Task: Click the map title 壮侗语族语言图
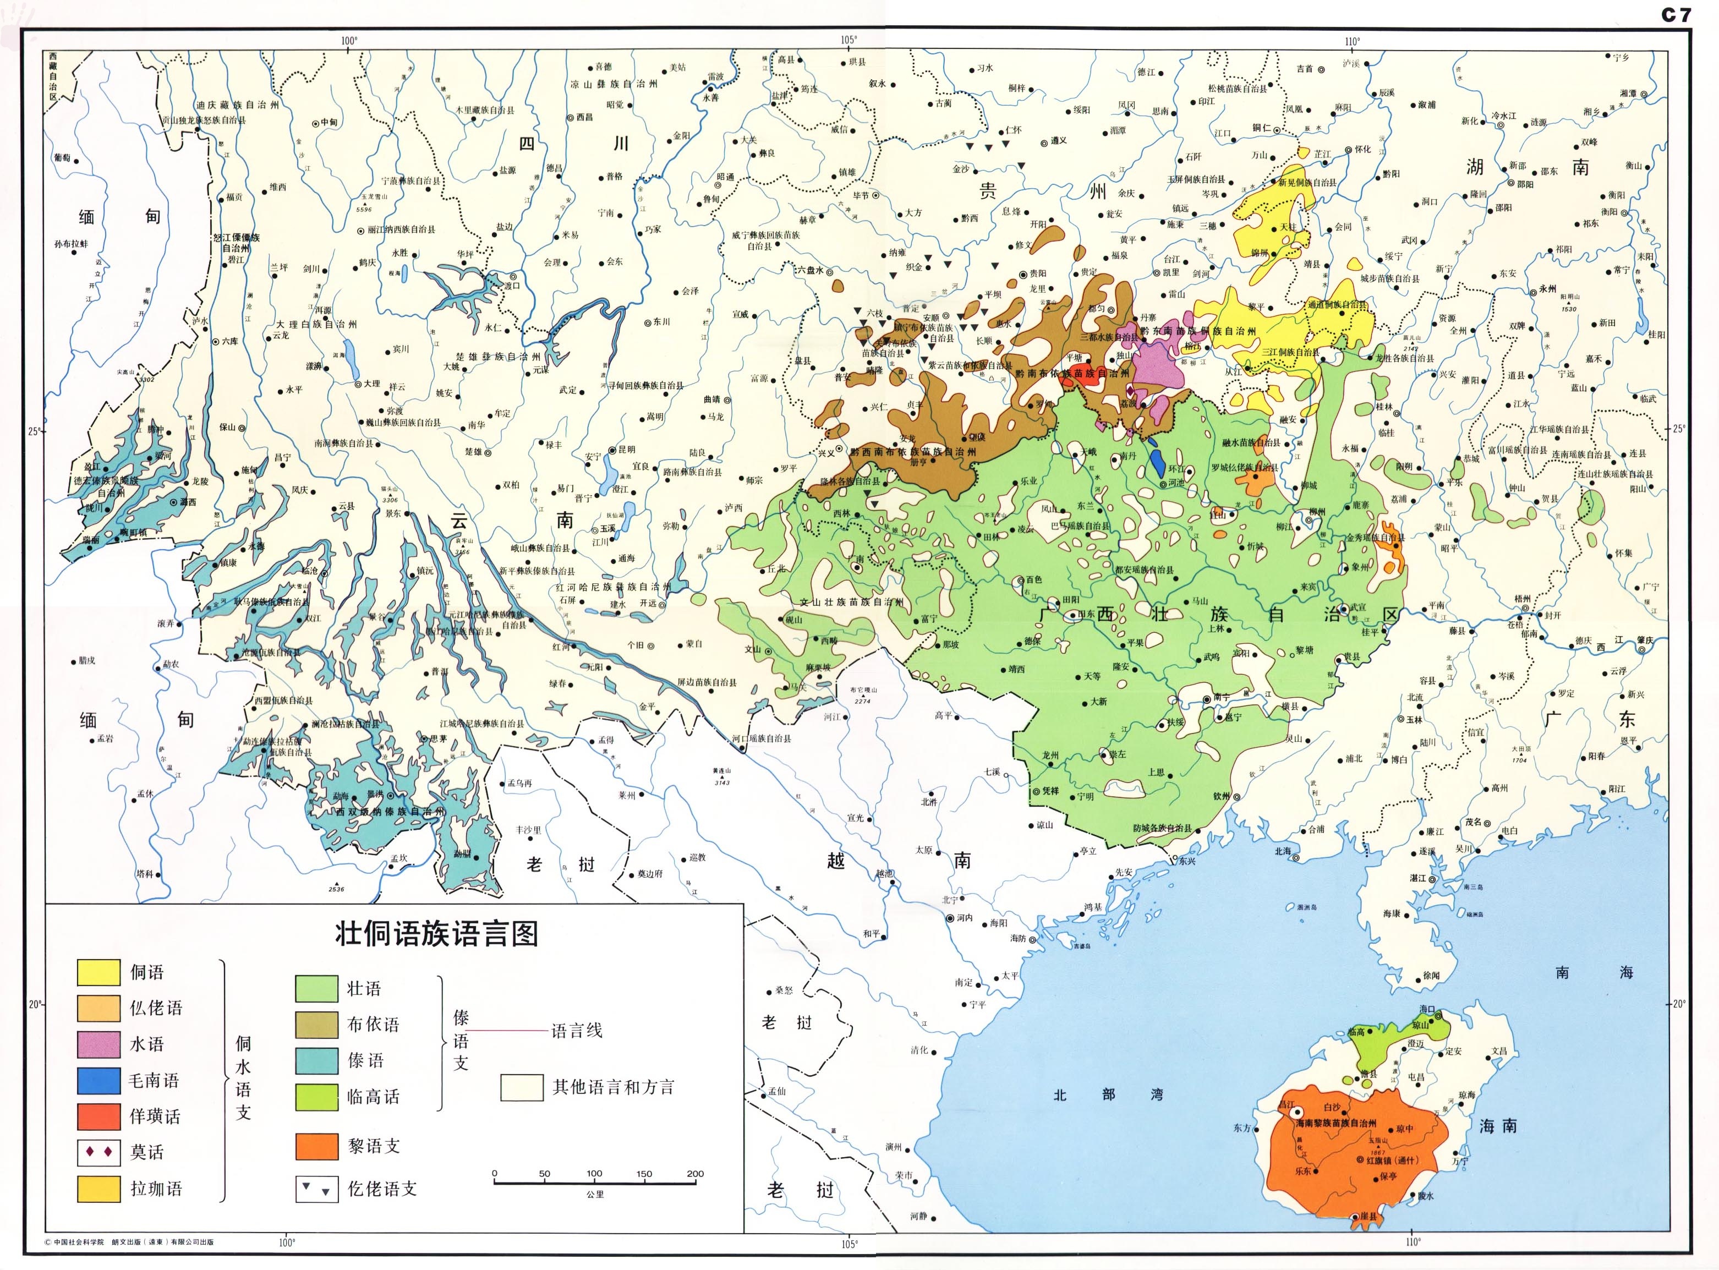437,934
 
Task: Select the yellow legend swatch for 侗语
98,972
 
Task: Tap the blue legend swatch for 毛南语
98,1081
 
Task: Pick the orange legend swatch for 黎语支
317,1146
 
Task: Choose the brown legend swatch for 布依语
317,1025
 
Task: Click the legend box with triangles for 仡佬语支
317,1189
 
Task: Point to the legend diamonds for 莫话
98,1152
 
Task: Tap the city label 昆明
627,449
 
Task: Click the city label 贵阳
1038,273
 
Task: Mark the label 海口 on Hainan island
1427,1009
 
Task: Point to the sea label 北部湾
1108,1094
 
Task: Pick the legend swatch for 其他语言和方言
522,1087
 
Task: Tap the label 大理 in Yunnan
372,384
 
